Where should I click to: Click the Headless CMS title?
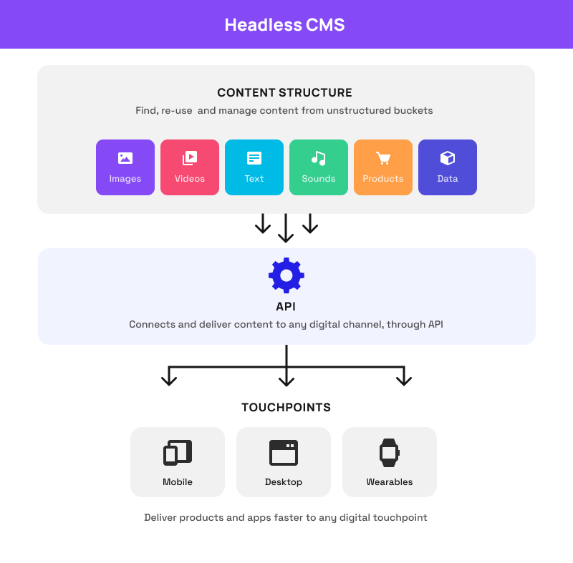(284, 25)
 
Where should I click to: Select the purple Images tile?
(125, 167)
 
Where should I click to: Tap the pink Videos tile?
(190, 167)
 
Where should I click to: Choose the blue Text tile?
(254, 167)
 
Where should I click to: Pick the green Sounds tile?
(319, 167)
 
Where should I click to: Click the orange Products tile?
(383, 167)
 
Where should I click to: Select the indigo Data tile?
(448, 167)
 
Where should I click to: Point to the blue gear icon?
(286, 275)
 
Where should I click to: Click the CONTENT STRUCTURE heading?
(284, 93)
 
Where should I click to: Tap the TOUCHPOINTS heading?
(286, 408)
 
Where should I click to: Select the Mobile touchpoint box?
(178, 462)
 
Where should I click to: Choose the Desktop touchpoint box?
(284, 462)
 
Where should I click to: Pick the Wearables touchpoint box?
(390, 462)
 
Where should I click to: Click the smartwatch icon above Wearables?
(389, 452)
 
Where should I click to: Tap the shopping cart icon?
(383, 158)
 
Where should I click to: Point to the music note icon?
(319, 158)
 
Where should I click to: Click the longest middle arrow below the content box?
(286, 228)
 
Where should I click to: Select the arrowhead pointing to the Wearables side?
(404, 379)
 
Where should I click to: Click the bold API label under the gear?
(286, 306)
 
